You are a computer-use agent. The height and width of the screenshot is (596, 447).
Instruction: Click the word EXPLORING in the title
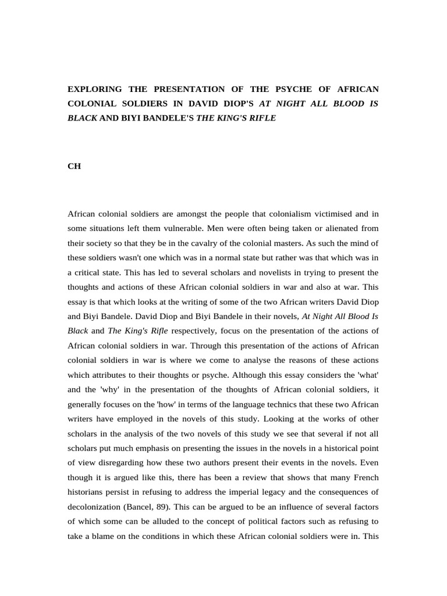(x=95, y=89)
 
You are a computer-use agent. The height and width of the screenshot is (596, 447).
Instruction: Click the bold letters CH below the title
(x=74, y=166)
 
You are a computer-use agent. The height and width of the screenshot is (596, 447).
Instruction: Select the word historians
(x=86, y=477)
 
